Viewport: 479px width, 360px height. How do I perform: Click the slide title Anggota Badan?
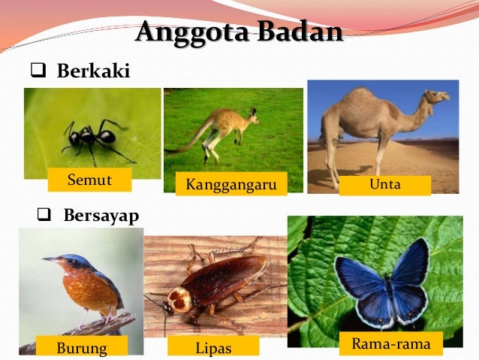point(239,32)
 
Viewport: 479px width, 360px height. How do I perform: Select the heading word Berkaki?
point(93,71)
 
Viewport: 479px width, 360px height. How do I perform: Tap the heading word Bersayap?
point(101,216)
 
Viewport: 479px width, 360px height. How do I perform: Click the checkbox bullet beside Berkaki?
point(37,72)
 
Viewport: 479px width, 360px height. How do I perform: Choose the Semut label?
point(89,180)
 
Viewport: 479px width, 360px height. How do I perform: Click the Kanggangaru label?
point(231,184)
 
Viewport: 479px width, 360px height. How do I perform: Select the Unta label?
point(384,184)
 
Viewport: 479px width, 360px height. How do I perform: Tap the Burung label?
point(82,347)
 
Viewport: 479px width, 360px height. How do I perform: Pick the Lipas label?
point(213,347)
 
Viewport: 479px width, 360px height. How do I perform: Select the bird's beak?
point(48,259)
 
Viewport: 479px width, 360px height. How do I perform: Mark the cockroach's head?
point(180,300)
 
